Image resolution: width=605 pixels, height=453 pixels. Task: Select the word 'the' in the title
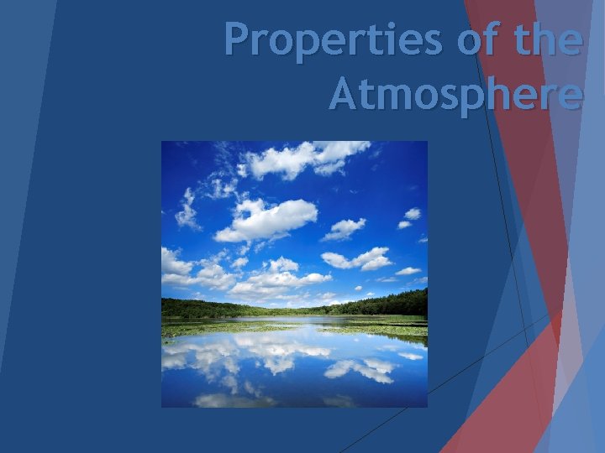click(546, 39)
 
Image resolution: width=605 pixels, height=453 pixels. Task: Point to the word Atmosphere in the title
click(455, 94)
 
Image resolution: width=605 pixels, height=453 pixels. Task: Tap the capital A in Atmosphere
click(345, 94)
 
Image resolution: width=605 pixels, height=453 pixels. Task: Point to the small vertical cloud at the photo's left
click(187, 210)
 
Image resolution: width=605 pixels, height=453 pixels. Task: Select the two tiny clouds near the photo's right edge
click(409, 218)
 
